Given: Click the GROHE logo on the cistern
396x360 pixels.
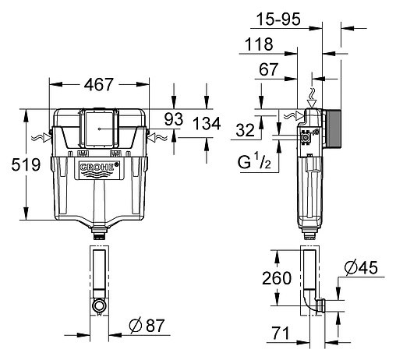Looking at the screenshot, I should (98, 170).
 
